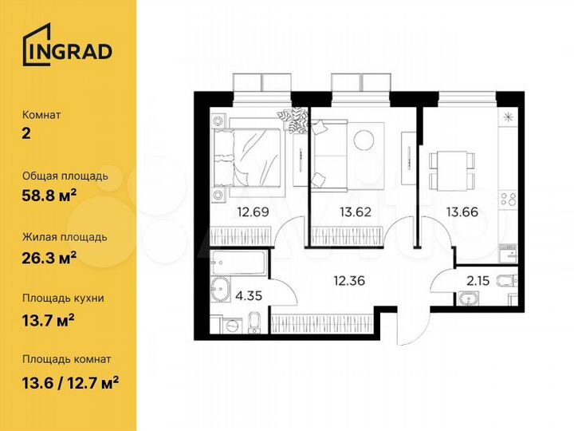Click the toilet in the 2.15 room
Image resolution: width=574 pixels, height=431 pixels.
click(506, 280)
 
